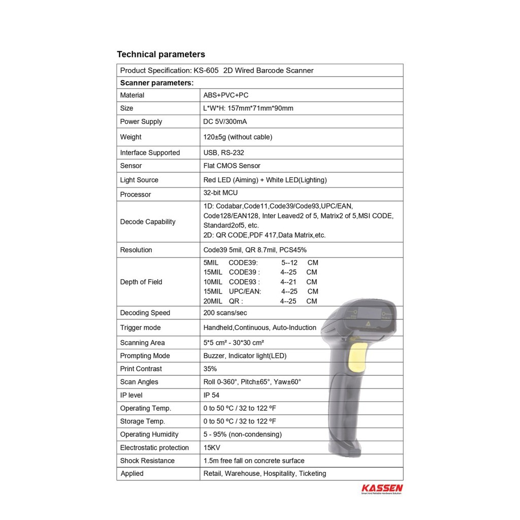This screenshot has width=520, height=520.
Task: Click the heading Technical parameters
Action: point(161,54)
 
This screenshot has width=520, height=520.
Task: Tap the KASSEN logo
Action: point(382,489)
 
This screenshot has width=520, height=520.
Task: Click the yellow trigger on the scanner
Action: point(359,357)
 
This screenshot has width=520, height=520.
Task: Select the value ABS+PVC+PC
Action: point(225,95)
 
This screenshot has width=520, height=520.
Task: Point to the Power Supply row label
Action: point(141,121)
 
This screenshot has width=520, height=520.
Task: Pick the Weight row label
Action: point(131,137)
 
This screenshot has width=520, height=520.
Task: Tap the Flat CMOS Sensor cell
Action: point(232,166)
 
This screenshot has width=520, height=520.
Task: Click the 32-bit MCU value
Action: point(220,193)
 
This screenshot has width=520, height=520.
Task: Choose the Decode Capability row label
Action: point(147,221)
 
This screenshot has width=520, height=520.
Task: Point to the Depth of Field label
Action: point(141,282)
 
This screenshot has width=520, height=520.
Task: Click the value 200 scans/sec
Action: point(225,313)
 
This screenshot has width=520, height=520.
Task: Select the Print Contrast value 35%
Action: point(210,369)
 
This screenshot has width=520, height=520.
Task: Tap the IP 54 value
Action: point(211,395)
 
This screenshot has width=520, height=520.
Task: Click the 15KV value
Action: point(212,447)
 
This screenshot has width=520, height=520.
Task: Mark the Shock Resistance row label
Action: point(147,461)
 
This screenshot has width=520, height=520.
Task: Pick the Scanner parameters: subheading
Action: point(156,82)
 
